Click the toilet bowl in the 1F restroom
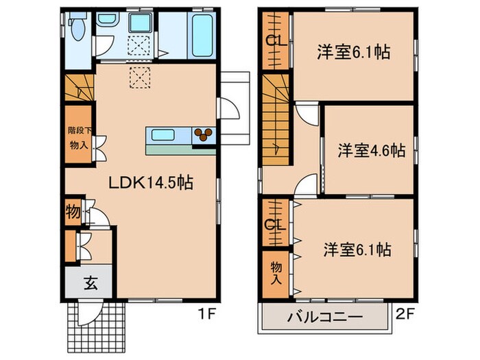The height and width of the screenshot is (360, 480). [x=78, y=29]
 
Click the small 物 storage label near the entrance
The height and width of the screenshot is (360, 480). [x=73, y=212]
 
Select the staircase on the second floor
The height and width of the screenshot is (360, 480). [x=276, y=117]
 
